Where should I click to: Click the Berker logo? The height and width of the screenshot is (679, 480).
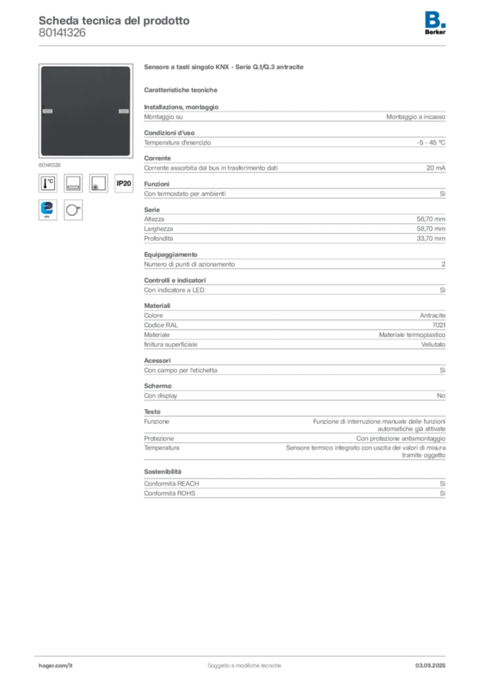pos(435,23)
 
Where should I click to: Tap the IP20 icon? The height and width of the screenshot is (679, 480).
pos(124,183)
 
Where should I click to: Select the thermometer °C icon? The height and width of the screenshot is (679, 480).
pos(48,183)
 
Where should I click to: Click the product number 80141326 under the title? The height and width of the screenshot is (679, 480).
pos(62,33)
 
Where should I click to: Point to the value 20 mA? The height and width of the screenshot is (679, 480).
pos(436,168)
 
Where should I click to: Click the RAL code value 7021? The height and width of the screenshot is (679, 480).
pos(439,325)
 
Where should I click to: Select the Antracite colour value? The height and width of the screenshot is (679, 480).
pos(432,316)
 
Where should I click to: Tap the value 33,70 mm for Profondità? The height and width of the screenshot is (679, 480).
pos(431,239)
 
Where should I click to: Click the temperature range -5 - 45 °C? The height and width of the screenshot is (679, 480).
pos(431,143)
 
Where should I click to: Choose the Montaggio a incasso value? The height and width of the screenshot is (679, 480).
pos(416,117)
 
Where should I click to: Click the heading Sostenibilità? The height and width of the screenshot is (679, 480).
pos(162,471)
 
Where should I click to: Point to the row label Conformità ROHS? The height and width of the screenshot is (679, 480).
pos(170,493)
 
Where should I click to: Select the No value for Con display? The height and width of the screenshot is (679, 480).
pos(441,396)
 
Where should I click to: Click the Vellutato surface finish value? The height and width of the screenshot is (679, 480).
pos(433,345)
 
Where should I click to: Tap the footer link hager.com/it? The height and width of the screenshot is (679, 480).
pos(56,666)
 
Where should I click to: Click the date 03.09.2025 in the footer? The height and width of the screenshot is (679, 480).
pos(430,666)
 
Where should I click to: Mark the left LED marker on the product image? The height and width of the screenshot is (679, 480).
pos(48,111)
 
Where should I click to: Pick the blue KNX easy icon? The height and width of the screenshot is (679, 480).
pos(48,210)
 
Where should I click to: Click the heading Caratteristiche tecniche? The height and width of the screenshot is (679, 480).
pos(180,90)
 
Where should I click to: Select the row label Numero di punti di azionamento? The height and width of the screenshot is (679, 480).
pos(190,264)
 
